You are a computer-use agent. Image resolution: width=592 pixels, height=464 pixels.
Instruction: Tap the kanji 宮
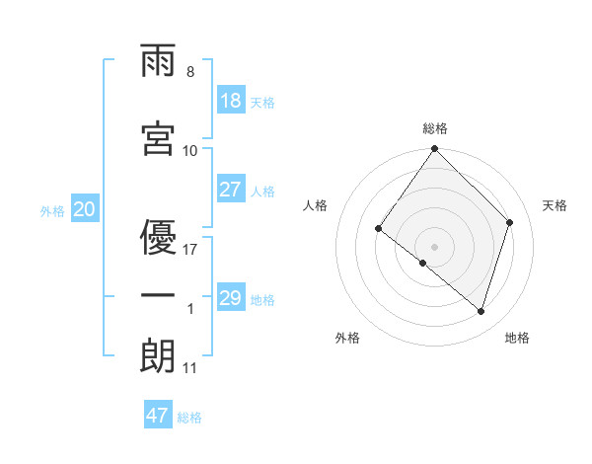158,139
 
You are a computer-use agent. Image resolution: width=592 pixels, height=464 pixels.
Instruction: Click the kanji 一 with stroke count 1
158,296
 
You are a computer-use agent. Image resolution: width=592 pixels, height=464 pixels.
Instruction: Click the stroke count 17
190,249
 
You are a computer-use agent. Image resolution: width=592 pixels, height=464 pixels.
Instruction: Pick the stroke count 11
190,368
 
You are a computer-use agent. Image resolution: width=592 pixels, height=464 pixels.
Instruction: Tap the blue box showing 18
230,101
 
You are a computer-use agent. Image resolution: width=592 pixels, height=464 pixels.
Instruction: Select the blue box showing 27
230,190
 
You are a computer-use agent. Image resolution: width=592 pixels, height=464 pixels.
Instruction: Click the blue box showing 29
230,298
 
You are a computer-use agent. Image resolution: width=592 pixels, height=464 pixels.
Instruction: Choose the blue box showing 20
84,209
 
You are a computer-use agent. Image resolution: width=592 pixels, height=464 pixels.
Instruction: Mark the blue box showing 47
158,416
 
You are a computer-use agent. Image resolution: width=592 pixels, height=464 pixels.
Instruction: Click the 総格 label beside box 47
189,418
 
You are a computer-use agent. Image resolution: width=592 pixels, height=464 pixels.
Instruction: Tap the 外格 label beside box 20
52,210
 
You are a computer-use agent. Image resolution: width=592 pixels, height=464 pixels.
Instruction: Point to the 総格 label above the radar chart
435,128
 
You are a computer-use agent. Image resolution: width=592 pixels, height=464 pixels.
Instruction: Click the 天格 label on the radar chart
555,205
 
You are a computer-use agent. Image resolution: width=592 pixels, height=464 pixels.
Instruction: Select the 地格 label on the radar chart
517,338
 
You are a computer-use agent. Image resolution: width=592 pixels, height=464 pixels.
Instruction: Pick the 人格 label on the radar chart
316,205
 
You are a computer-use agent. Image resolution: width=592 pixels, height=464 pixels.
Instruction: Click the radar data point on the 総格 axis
435,150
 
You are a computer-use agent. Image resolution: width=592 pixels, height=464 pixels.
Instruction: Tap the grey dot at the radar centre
435,246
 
